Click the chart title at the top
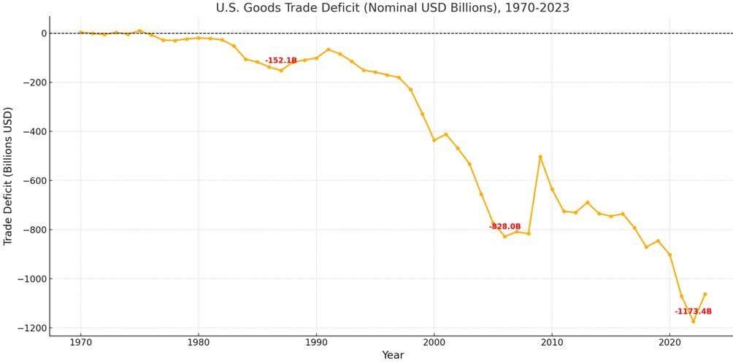click(x=393, y=8)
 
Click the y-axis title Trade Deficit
click(x=9, y=177)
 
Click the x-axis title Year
click(x=392, y=355)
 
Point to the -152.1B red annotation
click(x=281, y=61)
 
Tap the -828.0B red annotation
click(x=504, y=227)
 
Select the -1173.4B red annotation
click(x=693, y=311)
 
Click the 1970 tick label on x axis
click(x=80, y=341)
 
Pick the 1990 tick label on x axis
click(x=316, y=341)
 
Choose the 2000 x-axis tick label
click(x=434, y=341)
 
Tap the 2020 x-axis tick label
click(x=669, y=341)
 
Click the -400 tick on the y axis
click(x=34, y=131)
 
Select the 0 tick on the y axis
click(x=44, y=33)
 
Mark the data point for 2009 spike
click(x=540, y=157)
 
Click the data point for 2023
click(x=705, y=294)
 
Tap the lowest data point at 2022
click(x=693, y=322)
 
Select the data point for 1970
click(x=80, y=32)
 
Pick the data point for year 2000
click(x=434, y=140)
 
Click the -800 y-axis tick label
click(x=34, y=230)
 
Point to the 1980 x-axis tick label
click(x=198, y=341)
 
